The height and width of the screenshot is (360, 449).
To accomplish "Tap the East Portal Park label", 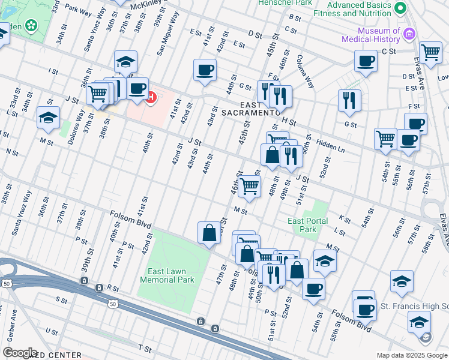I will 308,225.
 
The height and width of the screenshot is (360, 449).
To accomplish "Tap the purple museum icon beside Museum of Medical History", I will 410,34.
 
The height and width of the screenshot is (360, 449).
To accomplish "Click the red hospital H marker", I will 151,96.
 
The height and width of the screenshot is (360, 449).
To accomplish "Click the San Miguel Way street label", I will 168,35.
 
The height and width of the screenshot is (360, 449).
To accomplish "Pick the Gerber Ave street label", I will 11,323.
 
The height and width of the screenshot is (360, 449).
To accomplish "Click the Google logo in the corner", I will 20,352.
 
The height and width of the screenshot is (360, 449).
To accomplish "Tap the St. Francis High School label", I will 414,307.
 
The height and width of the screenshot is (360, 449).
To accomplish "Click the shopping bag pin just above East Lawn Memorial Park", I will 208,233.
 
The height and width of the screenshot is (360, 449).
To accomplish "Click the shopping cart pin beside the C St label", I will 430,53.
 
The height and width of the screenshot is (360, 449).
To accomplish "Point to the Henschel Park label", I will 277,3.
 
